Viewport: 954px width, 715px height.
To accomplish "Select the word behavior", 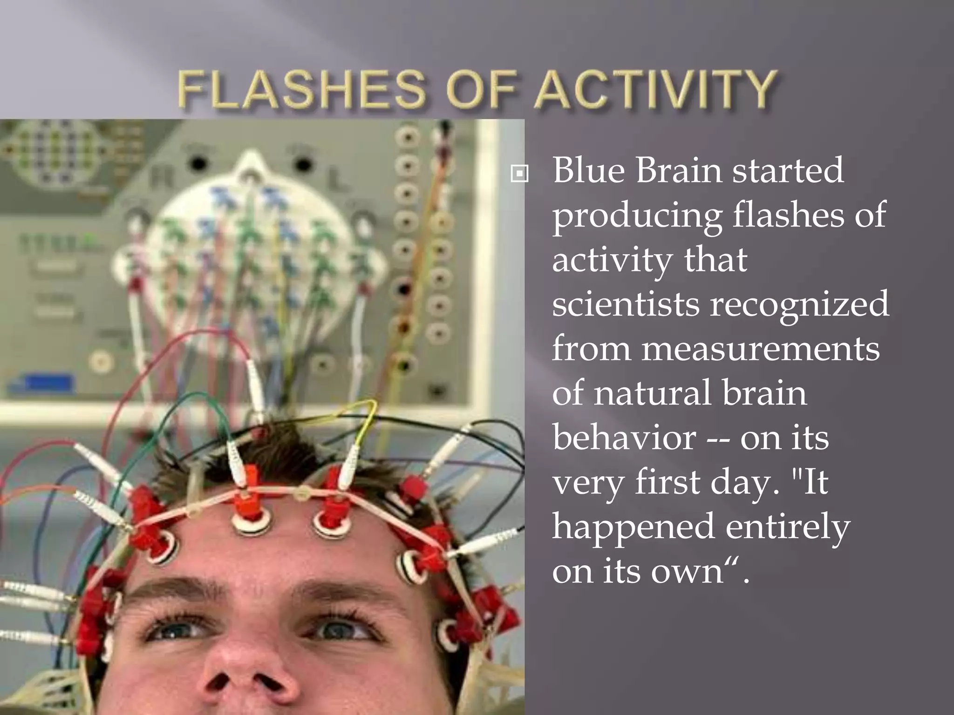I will (x=624, y=438).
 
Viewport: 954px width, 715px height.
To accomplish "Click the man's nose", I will (x=247, y=670).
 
